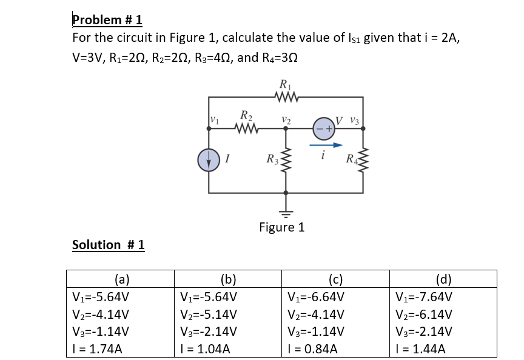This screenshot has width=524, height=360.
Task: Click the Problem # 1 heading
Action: point(107,19)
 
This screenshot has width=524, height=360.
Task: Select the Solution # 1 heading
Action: point(108,245)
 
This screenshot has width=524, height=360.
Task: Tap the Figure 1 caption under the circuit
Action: point(281,227)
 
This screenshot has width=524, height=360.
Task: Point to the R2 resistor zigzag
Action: point(246,128)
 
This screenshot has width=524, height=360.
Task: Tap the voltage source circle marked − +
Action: point(323,128)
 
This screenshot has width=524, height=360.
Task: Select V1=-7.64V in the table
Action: point(422,298)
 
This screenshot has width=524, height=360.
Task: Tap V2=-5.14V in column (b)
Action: point(208,315)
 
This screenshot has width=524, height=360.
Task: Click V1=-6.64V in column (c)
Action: point(316,298)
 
